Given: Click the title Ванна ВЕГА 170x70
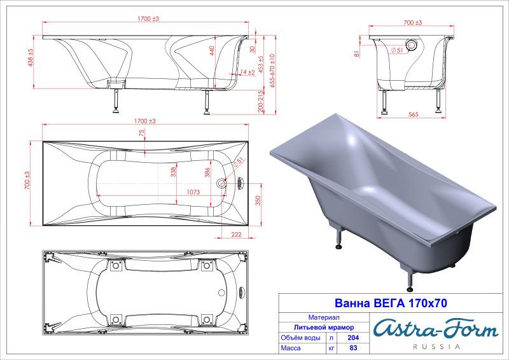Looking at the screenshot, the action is point(391,303).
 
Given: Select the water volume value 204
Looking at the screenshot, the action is point(353,338).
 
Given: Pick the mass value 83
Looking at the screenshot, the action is point(353,348).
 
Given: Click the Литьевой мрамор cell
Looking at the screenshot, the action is point(324,328).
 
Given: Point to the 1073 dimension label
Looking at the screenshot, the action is point(193,192).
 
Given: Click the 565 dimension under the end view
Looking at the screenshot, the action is point(413,114).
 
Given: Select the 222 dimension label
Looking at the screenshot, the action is point(236,234).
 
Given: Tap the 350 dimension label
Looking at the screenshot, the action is point(258,201).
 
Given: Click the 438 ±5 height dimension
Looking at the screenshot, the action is point(31,58).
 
